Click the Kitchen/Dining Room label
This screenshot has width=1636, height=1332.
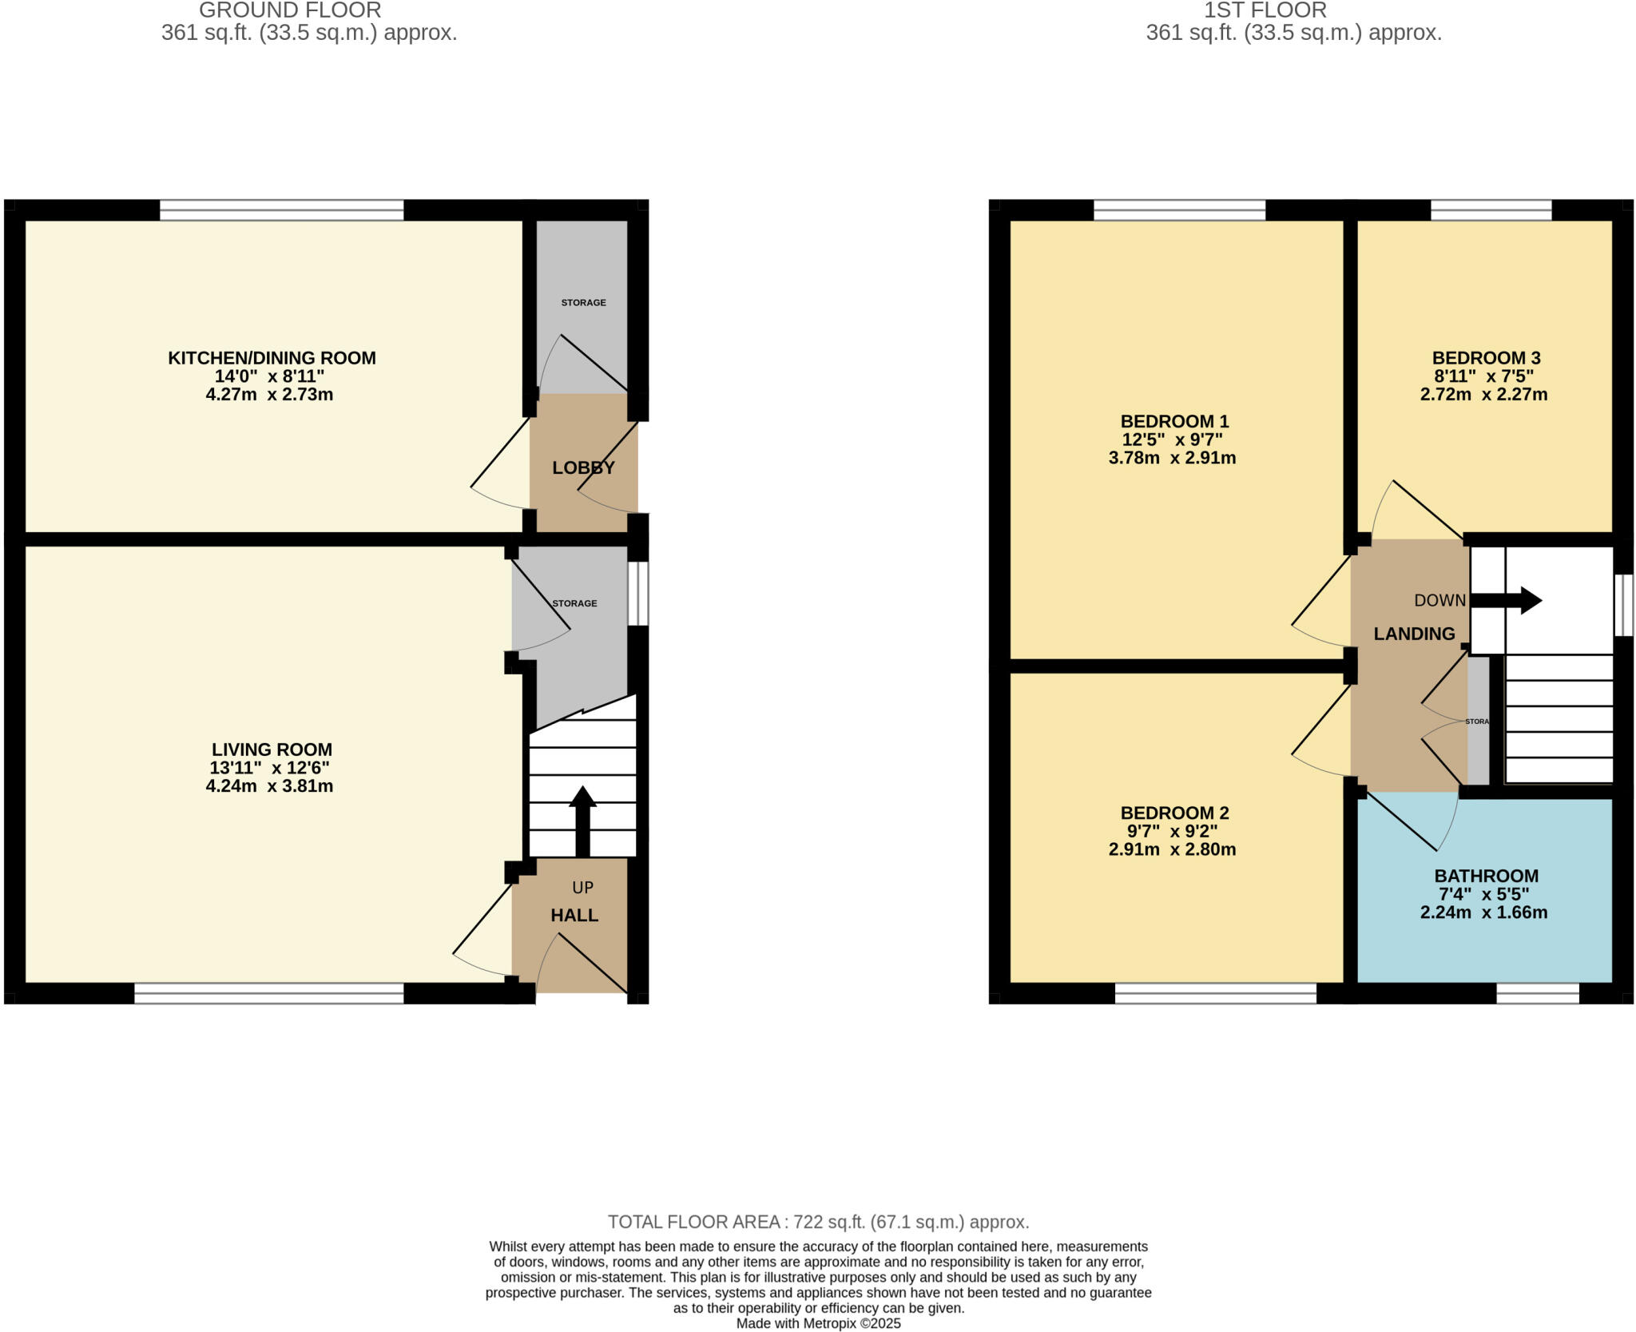[272, 358]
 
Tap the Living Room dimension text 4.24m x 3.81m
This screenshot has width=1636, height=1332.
[269, 786]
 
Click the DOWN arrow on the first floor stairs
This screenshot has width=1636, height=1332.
[1506, 600]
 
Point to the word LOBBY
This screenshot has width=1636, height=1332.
[583, 468]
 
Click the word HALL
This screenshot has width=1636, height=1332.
[574, 916]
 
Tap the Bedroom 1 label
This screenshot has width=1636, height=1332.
[1174, 421]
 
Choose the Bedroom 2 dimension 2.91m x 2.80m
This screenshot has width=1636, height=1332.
[1172, 850]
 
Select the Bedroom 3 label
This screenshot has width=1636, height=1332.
[1486, 358]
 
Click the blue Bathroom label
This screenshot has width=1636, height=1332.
[1486, 876]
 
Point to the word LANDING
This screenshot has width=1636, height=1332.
[1414, 634]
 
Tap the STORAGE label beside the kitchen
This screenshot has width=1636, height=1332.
[583, 303]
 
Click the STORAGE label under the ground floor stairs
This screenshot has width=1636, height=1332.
[574, 603]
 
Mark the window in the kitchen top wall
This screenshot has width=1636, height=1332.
[281, 210]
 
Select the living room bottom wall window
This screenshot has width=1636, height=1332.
[268, 993]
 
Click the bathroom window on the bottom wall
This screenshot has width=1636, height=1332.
[1537, 993]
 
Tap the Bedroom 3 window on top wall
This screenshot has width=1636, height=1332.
[1491, 210]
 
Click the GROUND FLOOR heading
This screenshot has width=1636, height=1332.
[290, 10]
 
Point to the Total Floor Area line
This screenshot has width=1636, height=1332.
[818, 1222]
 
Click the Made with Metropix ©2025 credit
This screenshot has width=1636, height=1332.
[818, 1323]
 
